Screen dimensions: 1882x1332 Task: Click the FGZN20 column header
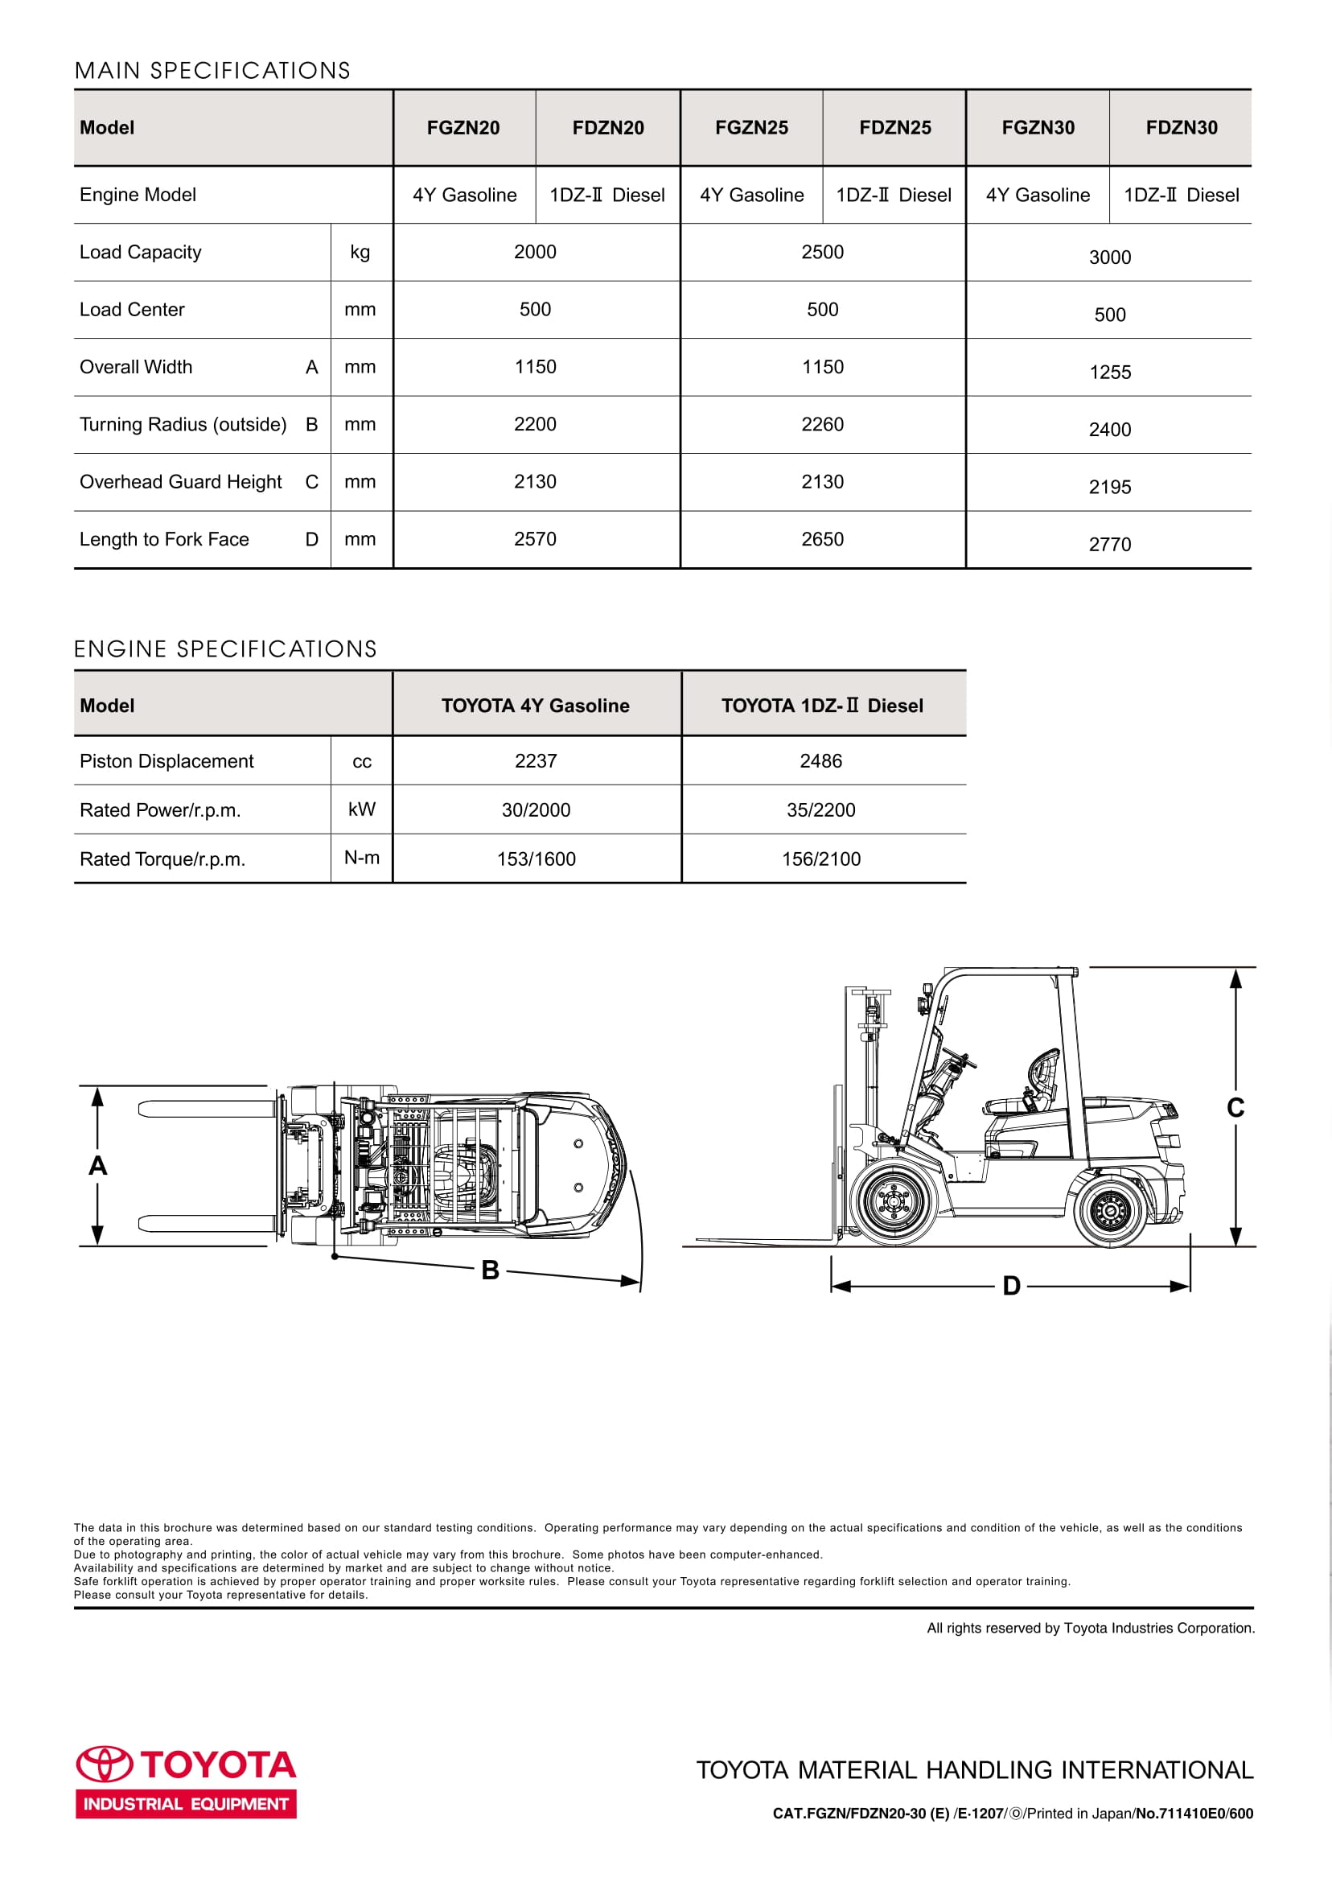(462, 127)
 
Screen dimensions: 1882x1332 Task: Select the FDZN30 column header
(1181, 127)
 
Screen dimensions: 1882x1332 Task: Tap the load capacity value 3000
(1110, 257)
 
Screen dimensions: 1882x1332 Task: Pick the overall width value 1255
(1110, 372)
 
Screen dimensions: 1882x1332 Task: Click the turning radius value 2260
(822, 424)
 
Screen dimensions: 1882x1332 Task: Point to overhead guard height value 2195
(1110, 487)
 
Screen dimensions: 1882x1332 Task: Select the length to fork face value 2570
(535, 539)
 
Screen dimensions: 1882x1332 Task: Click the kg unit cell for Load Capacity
(360, 252)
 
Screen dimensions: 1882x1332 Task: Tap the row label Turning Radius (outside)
(183, 424)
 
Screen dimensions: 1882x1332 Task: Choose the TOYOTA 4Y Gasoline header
(536, 706)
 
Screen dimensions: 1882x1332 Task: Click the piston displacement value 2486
(821, 760)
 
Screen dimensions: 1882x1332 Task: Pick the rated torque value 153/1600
(536, 859)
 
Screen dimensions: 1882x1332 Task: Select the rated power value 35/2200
(821, 809)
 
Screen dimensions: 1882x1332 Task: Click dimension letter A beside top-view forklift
(97, 1165)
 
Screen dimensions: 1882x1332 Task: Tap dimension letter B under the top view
(491, 1270)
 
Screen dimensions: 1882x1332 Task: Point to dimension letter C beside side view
(1235, 1107)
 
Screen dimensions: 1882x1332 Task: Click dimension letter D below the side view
(1011, 1286)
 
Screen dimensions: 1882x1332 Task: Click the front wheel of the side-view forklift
(892, 1201)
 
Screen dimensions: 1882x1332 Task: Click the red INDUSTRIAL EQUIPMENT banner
(186, 1804)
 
